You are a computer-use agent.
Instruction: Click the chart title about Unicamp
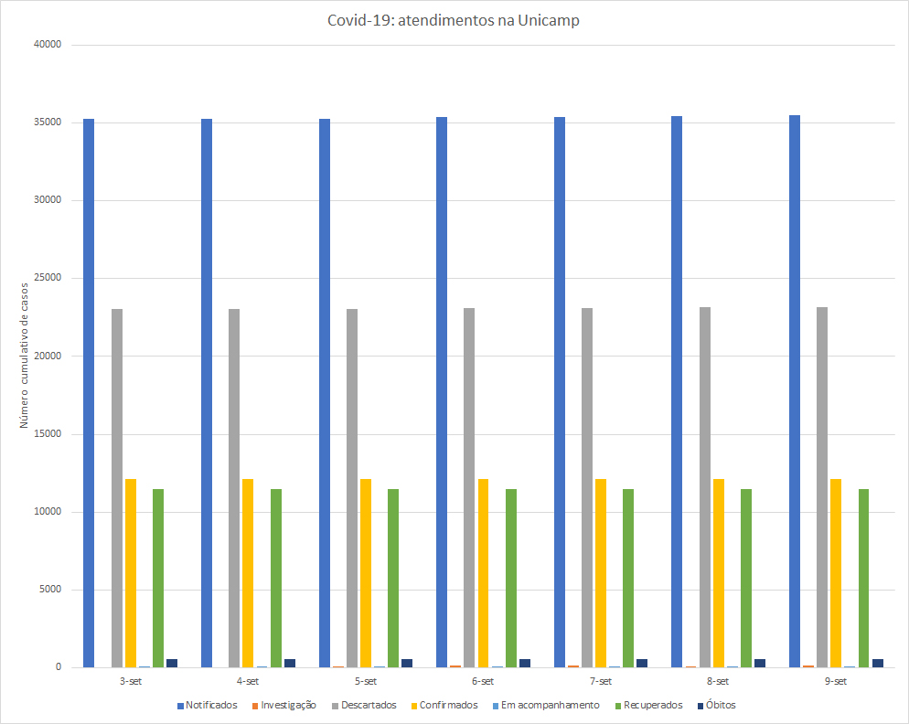point(454,21)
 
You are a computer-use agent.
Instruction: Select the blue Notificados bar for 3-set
point(89,393)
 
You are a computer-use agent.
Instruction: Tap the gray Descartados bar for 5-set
point(352,488)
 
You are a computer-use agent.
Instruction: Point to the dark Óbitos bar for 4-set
point(290,663)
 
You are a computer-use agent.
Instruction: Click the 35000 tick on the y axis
point(45,122)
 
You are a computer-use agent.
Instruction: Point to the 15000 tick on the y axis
point(45,433)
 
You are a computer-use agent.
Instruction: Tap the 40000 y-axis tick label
point(45,45)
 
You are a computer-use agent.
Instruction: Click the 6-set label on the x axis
point(482,681)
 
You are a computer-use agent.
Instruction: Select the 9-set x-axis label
point(835,681)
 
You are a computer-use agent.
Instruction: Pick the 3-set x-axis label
point(130,681)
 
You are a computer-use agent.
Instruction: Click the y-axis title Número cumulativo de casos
point(25,355)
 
